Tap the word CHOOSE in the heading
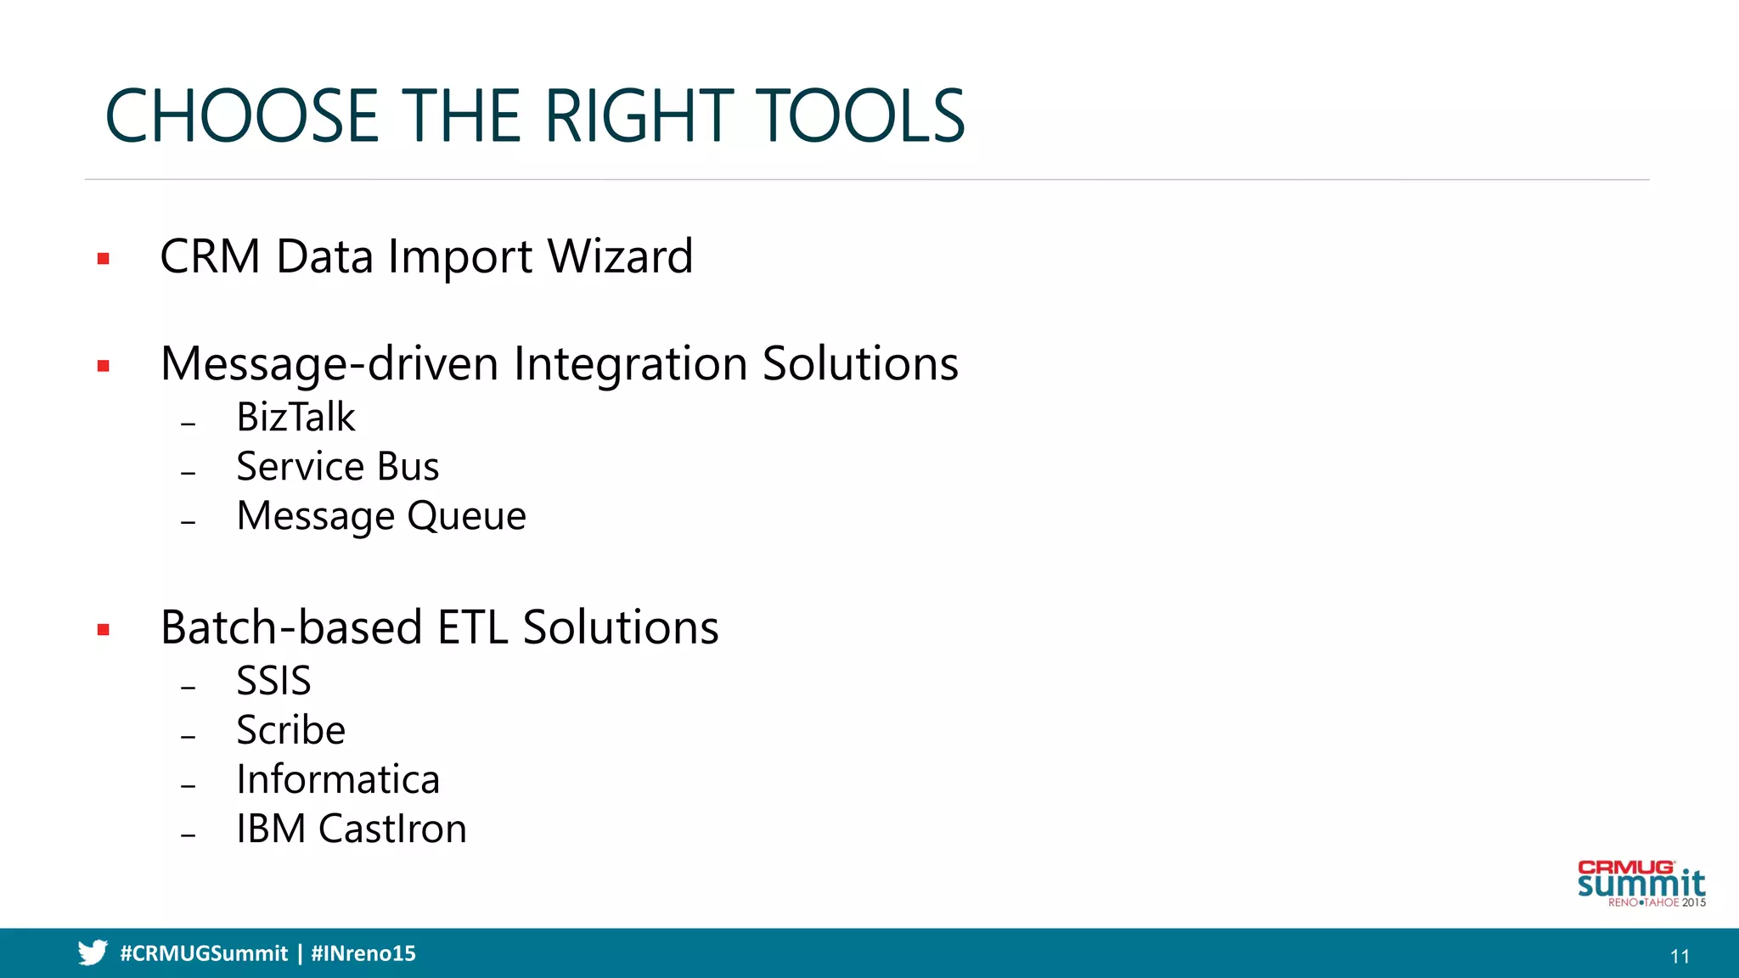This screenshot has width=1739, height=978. coord(241,116)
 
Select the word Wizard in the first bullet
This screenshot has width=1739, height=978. coord(620,256)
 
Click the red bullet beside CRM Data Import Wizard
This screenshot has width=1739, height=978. coord(104,259)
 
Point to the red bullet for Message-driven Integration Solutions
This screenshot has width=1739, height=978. coord(104,367)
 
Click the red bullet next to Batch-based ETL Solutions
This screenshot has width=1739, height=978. coord(104,630)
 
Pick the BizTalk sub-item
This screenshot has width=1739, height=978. coord(295,418)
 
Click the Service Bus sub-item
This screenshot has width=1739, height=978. coord(337,467)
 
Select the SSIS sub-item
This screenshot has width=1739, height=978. coord(273,681)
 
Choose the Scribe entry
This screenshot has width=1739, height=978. coord(290,730)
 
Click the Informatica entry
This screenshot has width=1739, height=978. coord(338,779)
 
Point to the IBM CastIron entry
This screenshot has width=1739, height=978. coord(352,829)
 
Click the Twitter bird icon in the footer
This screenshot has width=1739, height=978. coord(93,953)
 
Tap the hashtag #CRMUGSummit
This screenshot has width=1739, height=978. coord(204,953)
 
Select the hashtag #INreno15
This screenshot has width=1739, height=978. coord(363,953)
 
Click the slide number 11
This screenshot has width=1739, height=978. coord(1680,957)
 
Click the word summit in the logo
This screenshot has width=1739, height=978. coord(1641,885)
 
